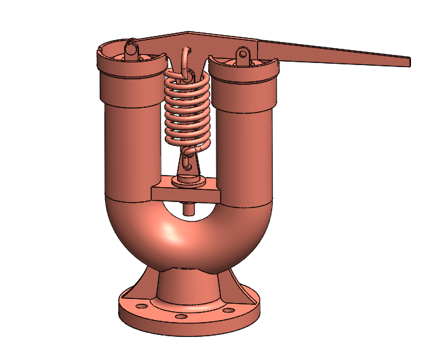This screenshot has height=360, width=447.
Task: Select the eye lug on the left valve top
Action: (x=132, y=49)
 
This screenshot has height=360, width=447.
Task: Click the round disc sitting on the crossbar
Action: (x=189, y=182)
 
